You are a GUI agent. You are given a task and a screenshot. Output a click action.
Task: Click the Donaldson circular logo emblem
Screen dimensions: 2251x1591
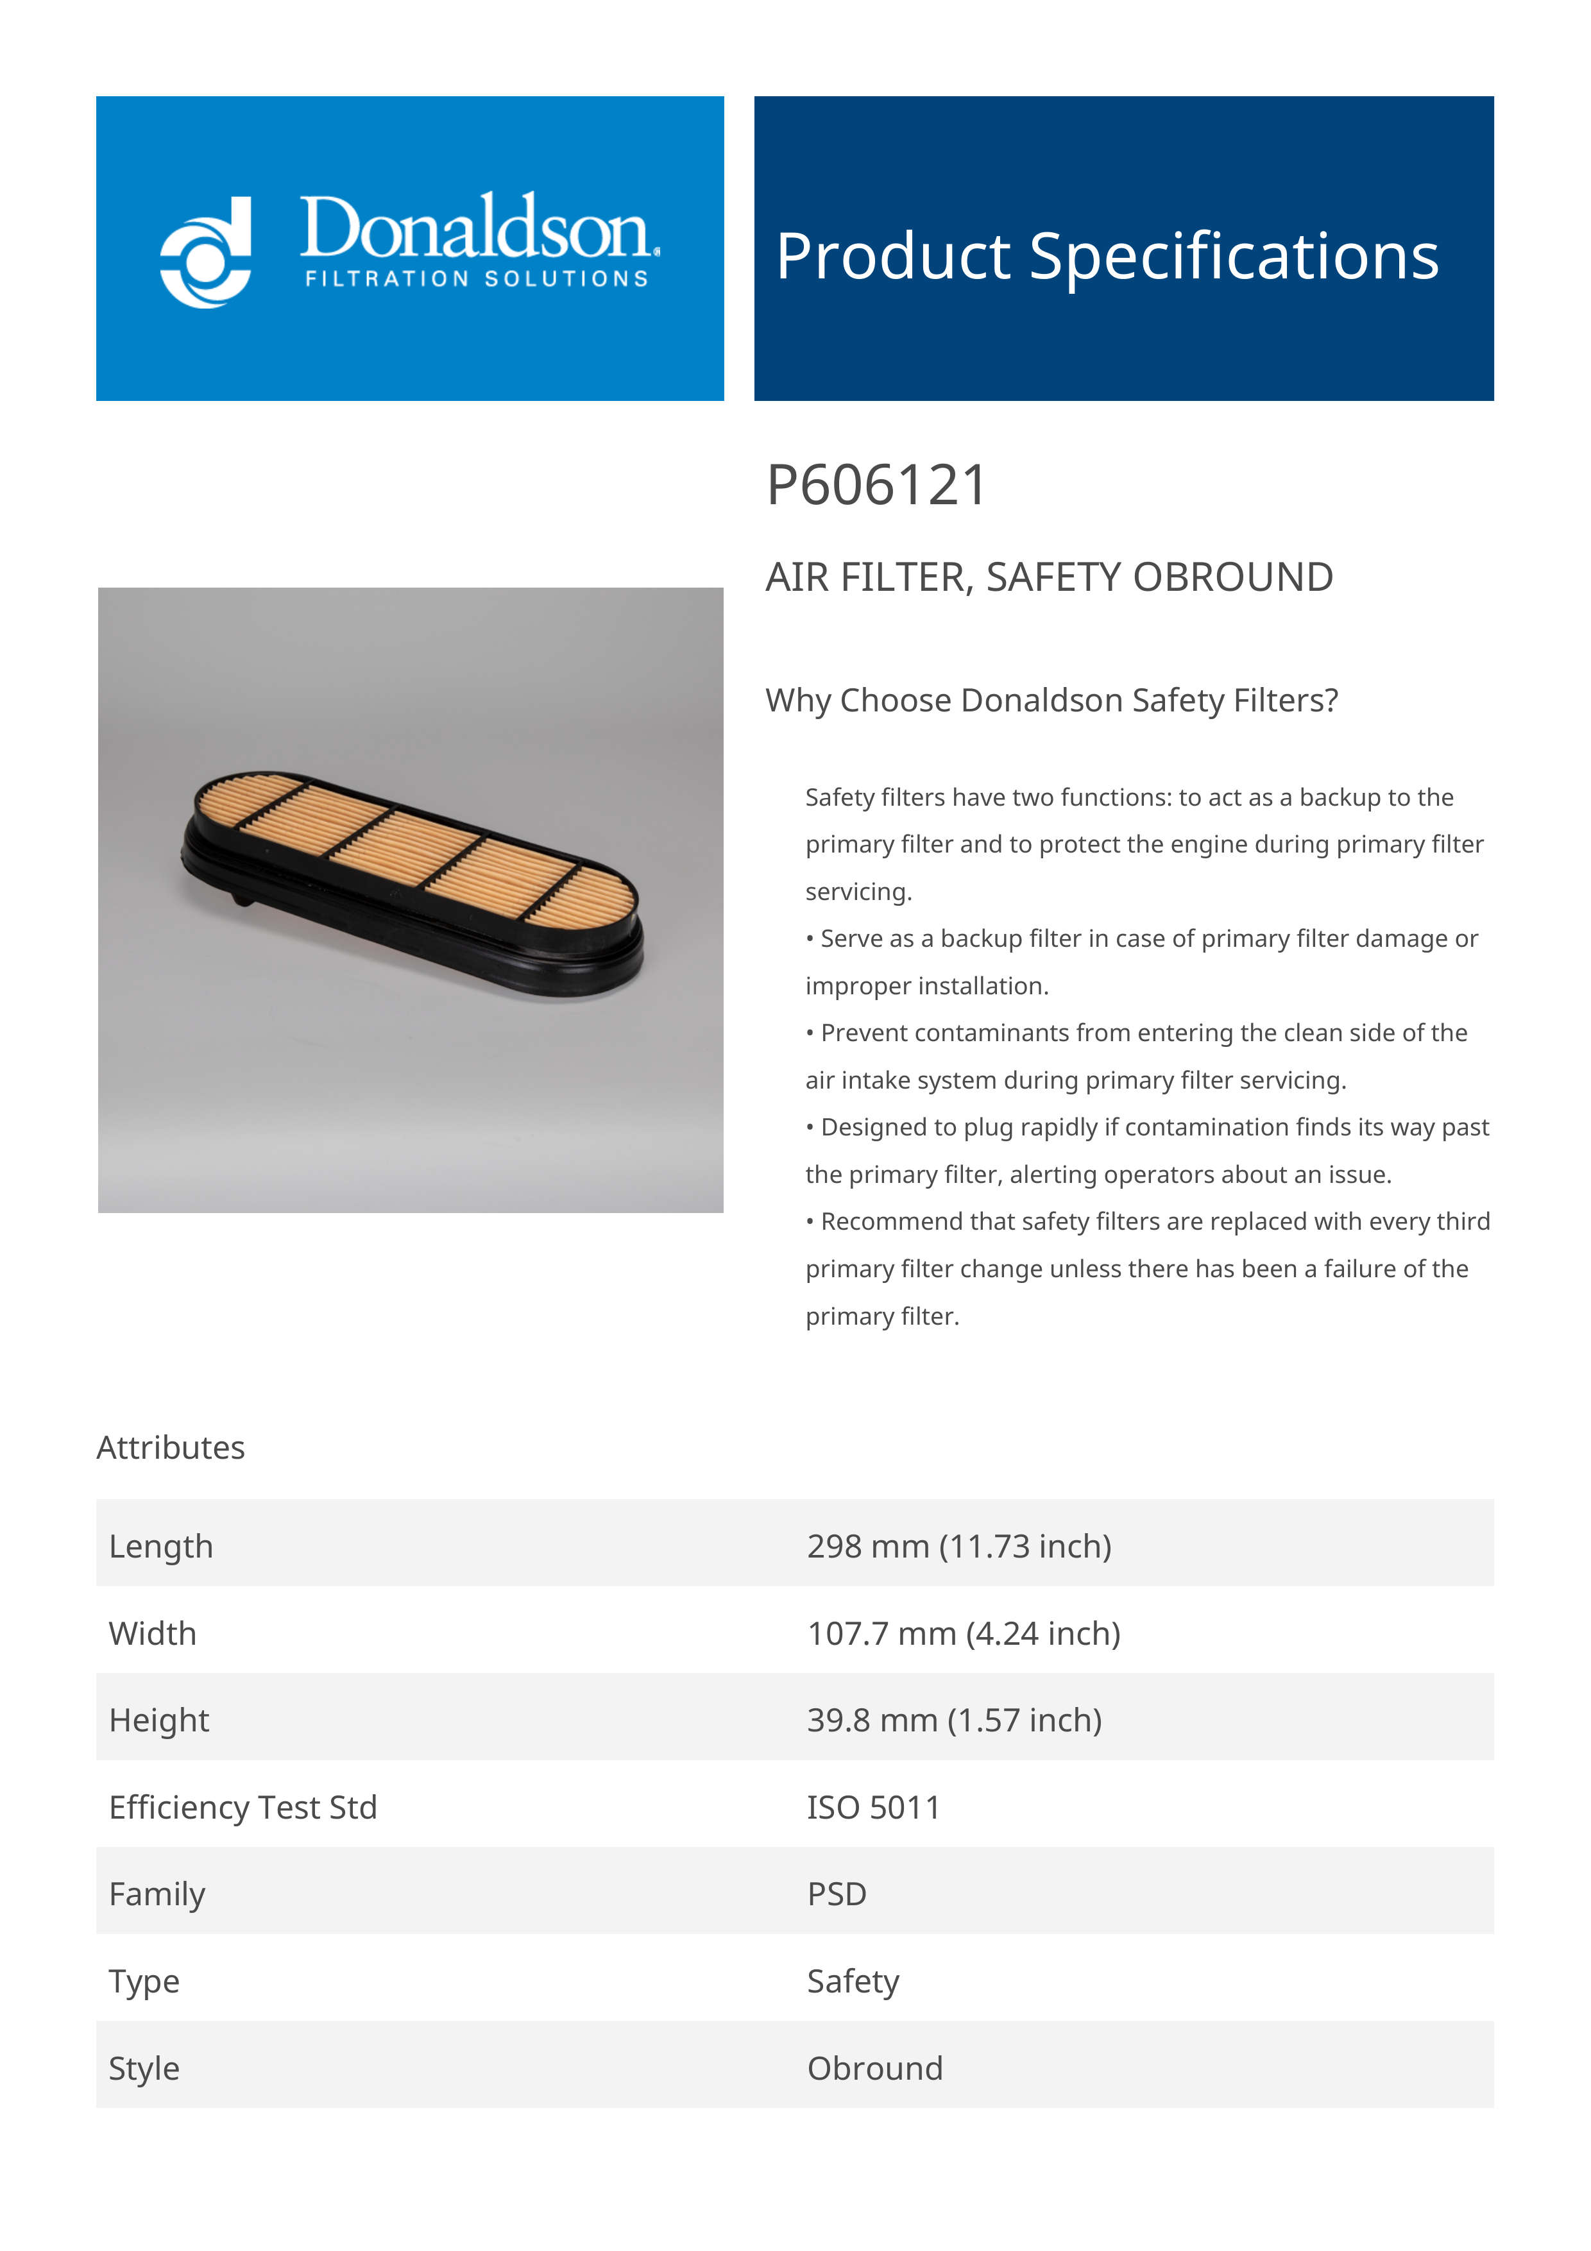tap(206, 252)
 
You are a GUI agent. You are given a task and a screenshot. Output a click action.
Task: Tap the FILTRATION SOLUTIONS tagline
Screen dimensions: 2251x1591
tap(477, 280)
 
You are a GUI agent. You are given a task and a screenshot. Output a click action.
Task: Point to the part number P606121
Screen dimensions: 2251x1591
tap(876, 486)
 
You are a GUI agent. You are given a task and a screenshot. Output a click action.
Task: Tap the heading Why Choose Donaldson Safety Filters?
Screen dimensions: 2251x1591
tap(1051, 701)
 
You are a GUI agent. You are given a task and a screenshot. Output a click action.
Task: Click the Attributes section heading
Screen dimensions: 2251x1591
tap(171, 1448)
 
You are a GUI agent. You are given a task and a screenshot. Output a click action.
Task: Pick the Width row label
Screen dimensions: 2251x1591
tap(153, 1635)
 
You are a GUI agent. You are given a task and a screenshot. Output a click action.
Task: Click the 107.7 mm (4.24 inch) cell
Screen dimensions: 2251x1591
tap(963, 1635)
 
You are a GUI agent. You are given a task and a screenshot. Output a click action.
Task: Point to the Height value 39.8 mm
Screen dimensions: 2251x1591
tap(954, 1720)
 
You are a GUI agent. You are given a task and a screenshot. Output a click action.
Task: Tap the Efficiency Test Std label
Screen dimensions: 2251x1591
tap(243, 1808)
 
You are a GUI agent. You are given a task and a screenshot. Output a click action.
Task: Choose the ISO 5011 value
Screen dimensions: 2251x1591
tap(873, 1808)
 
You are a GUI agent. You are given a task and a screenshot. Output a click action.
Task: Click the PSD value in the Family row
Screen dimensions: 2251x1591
tap(836, 1895)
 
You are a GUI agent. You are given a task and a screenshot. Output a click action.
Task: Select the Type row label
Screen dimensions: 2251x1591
tap(144, 1982)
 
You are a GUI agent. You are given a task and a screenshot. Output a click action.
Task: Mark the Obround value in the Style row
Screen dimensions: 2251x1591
tap(874, 2069)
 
